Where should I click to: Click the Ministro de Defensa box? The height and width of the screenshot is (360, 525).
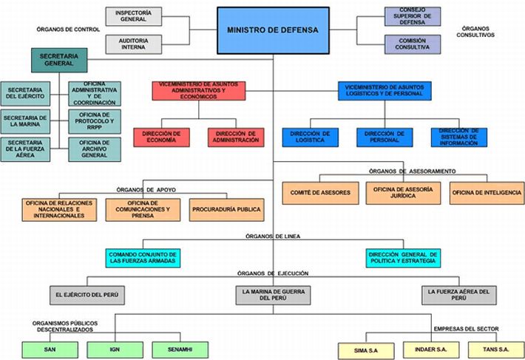[273, 30]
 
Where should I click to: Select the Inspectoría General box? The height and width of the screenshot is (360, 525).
[134, 16]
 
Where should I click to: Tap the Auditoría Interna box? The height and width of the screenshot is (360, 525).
[134, 44]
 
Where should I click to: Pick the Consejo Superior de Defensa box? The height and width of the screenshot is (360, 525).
[413, 16]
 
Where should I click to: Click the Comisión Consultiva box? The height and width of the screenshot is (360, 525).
[413, 44]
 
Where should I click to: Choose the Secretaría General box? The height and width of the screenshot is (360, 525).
[59, 60]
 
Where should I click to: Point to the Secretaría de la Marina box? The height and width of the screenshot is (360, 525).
[25, 121]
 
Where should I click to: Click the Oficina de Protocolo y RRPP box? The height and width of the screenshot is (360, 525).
[95, 121]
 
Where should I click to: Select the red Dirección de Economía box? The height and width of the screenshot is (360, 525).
[161, 137]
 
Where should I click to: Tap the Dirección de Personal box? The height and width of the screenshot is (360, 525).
[385, 137]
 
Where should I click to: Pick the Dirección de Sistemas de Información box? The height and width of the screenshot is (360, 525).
[459, 137]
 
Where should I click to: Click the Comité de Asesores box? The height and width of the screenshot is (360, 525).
[320, 193]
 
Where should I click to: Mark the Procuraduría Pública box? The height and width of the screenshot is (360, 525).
[227, 210]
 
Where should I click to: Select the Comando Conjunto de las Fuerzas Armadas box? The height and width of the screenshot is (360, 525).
[143, 258]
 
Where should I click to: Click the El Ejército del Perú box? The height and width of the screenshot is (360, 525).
[87, 295]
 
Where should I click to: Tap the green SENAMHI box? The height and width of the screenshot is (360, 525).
[180, 350]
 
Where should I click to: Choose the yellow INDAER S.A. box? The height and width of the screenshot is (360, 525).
[431, 350]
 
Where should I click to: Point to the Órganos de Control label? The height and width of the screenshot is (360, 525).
[68, 30]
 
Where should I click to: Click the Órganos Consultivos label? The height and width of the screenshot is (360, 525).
[475, 32]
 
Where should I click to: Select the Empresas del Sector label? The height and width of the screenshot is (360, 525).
[467, 329]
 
